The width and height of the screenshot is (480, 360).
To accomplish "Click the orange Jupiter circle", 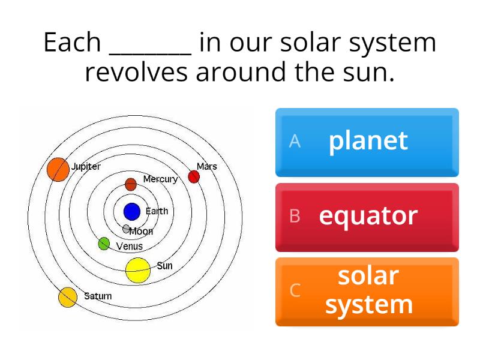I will pos(58,169).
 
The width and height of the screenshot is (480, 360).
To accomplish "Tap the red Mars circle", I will pos(194,176).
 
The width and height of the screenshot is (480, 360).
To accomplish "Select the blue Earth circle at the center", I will pos(132,211).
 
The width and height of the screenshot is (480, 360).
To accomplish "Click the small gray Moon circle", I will pos(126,229).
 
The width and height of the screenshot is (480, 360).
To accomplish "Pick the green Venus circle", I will pos(104,244).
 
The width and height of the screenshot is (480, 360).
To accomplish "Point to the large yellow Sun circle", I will pos(138,270).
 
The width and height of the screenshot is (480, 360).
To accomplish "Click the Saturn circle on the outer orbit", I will pos(68,297).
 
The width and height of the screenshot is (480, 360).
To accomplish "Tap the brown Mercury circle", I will pos(131,184).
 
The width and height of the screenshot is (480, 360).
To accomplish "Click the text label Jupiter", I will pos(86,166).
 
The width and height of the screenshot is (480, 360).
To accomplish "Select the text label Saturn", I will pos(97,296).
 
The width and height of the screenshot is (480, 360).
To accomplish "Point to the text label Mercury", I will pos(160,179).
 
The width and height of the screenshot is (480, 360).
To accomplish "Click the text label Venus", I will pos(130,246).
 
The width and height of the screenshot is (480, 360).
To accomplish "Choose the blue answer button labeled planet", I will pos(367,142).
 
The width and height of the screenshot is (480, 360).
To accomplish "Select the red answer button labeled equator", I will pos(367,217).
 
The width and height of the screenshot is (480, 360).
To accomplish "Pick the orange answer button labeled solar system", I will pos(367,291).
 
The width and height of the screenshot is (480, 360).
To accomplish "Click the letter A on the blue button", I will pos(295,141).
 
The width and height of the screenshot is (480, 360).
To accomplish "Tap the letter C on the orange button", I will pos(295,290).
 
